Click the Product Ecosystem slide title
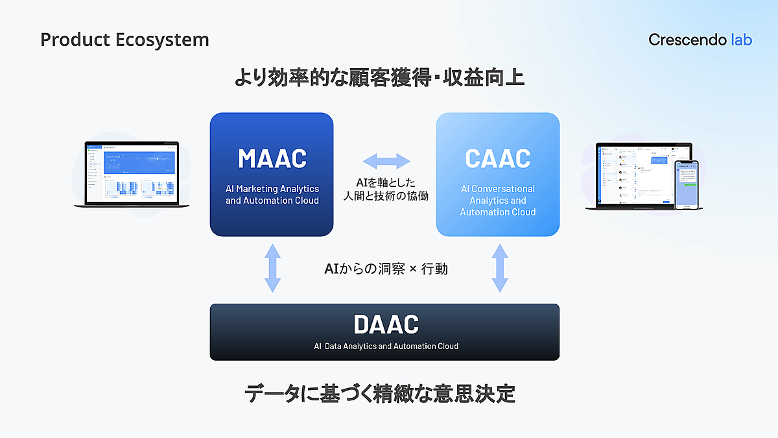(124, 40)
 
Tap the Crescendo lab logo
(700, 40)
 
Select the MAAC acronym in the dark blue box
(272, 158)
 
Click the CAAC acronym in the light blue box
(497, 158)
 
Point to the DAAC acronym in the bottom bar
(386, 324)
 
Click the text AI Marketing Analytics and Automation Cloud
(272, 195)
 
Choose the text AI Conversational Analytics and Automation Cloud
(497, 201)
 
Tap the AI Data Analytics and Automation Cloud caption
(386, 347)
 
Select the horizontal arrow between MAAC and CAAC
(386, 161)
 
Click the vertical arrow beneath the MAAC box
(272, 267)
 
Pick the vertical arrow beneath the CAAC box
(499, 267)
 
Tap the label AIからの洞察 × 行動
(386, 268)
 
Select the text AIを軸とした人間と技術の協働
(386, 189)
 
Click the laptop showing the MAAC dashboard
(132, 175)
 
